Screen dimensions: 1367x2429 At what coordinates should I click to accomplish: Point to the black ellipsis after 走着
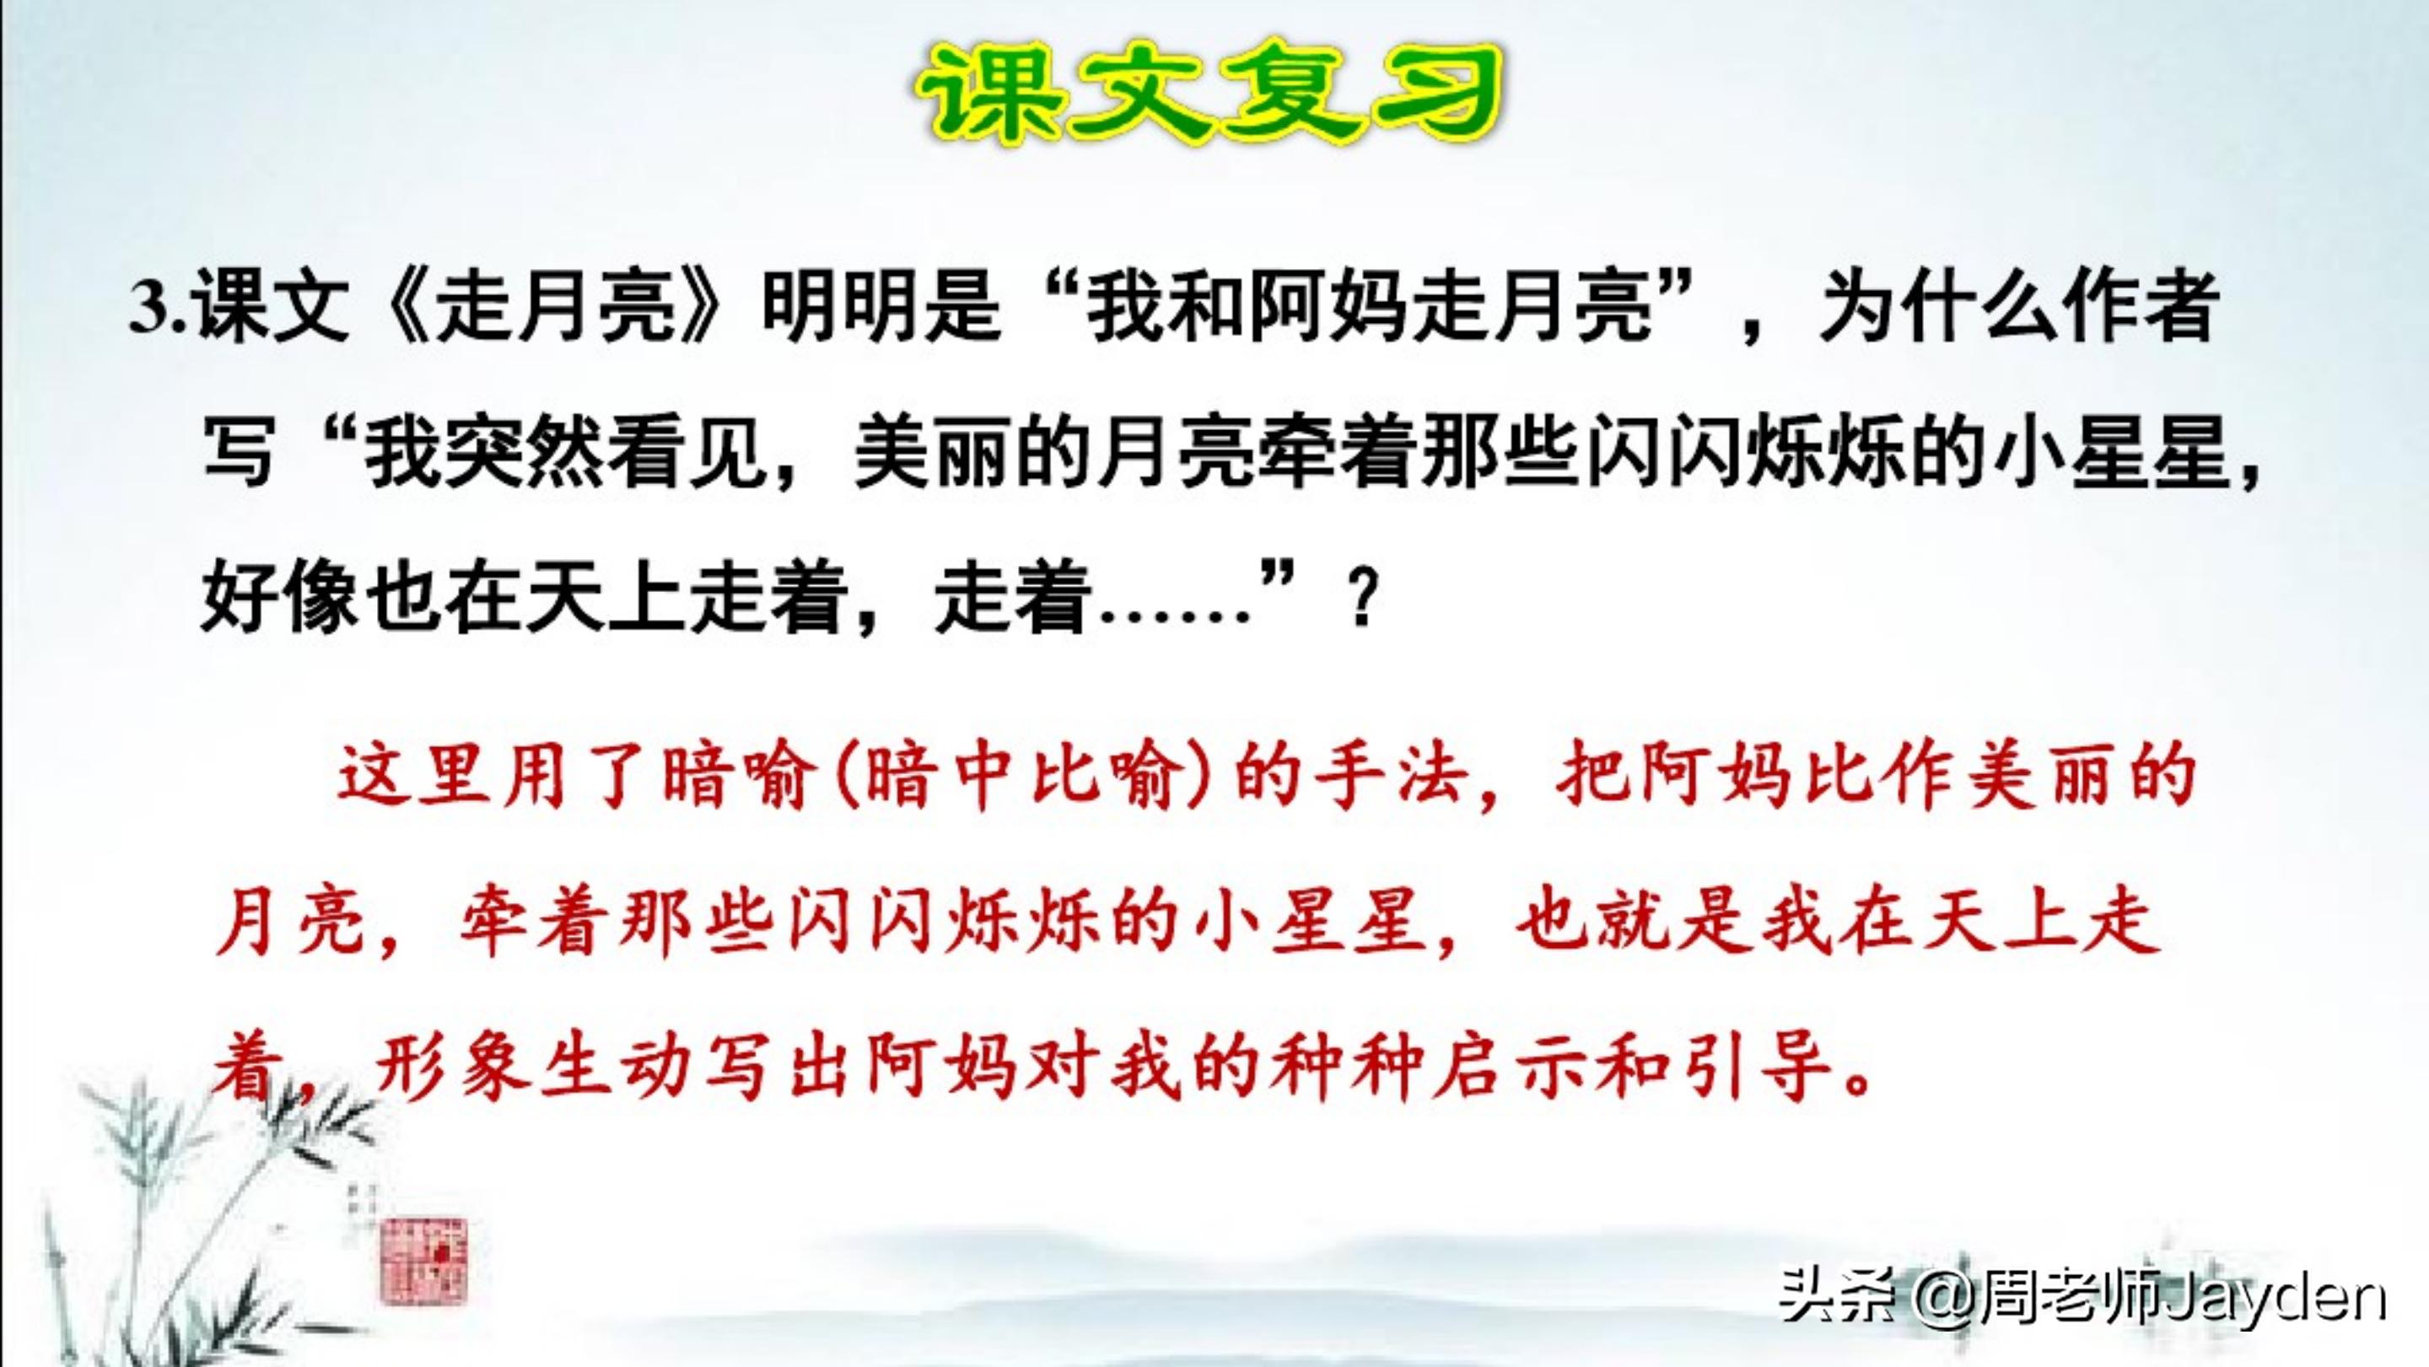point(1175,613)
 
